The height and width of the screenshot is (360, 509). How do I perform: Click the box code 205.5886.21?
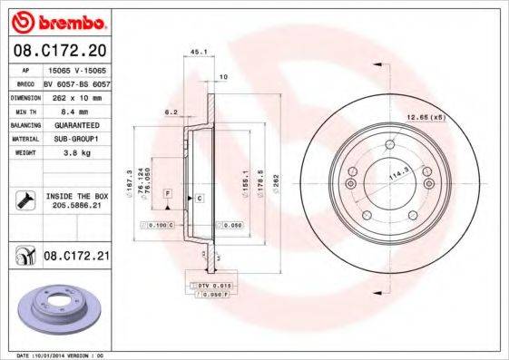tap(76, 206)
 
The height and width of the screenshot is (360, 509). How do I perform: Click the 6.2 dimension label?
tap(171, 112)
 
